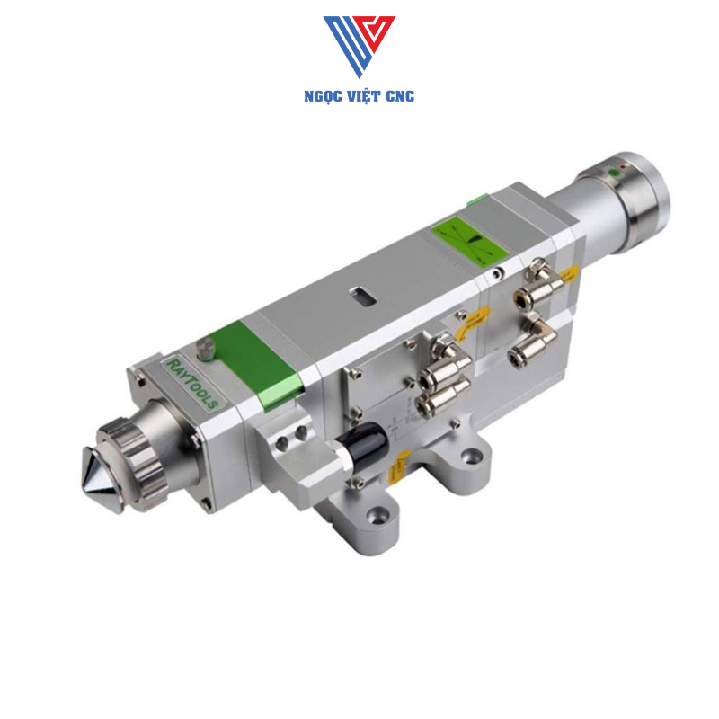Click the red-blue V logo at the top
(359, 45)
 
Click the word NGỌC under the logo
(324, 96)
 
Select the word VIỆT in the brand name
(363, 96)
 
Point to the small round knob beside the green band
(209, 347)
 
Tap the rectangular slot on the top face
(362, 293)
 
